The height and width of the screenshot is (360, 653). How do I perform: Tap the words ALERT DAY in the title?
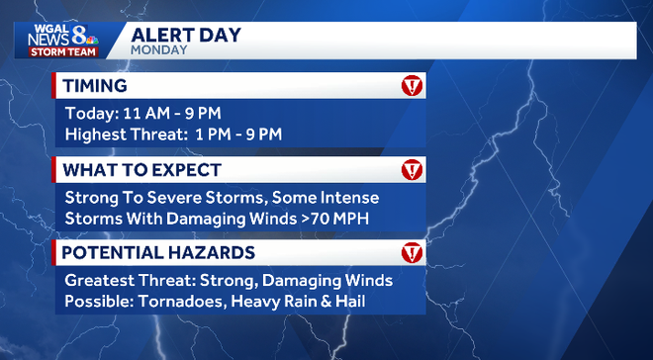[187, 33]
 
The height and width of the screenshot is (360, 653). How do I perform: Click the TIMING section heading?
[96, 85]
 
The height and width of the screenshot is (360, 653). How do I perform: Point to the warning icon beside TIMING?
[412, 86]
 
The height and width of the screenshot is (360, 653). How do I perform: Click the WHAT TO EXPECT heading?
[141, 170]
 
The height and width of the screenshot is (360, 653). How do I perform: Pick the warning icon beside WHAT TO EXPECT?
[412, 170]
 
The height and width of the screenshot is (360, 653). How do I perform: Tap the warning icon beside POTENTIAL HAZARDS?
[412, 253]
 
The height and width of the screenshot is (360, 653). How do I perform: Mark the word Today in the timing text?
[87, 113]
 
